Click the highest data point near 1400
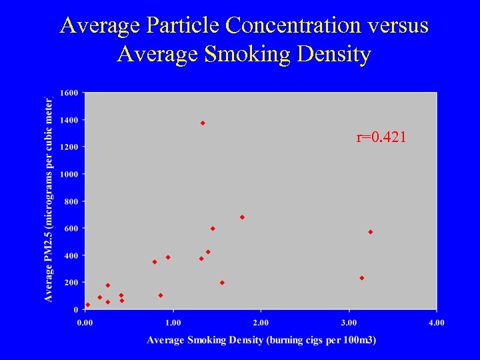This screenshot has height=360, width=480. pyautogui.click(x=203, y=123)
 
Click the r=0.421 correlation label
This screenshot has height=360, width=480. pyautogui.click(x=381, y=138)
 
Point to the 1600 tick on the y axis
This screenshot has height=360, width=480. pyautogui.click(x=69, y=92)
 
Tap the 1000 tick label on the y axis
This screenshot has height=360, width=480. pyautogui.click(x=69, y=174)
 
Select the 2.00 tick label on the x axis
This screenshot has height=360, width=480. pyautogui.click(x=261, y=323)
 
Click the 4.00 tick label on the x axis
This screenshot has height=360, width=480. pyautogui.click(x=436, y=323)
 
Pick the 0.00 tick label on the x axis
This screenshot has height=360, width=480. pyautogui.click(x=85, y=323)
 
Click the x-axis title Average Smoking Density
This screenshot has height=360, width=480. pyautogui.click(x=261, y=340)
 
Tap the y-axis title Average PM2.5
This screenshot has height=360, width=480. pyautogui.click(x=49, y=199)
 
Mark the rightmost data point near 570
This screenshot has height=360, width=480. pyautogui.click(x=371, y=232)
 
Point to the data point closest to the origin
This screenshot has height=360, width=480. pyautogui.click(x=87, y=305)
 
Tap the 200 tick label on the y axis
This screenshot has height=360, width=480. pyautogui.click(x=71, y=283)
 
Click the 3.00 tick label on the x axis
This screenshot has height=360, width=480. pyautogui.click(x=349, y=323)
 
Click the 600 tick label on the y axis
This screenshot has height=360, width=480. pyautogui.click(x=71, y=228)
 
